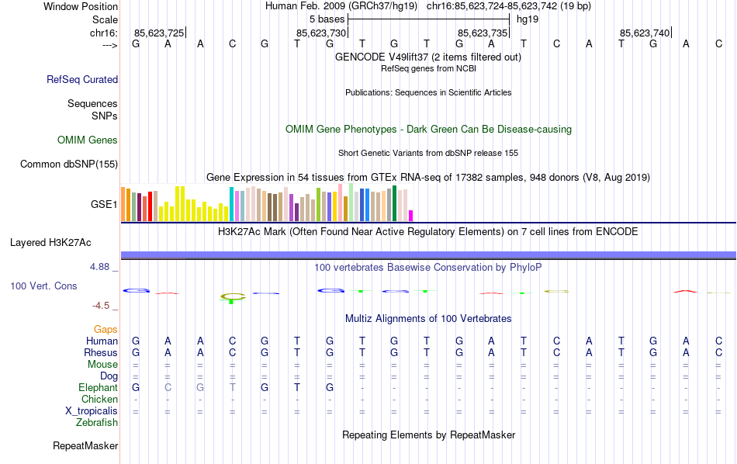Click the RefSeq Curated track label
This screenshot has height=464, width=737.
pyautogui.click(x=82, y=79)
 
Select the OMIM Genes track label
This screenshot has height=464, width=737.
pyautogui.click(x=88, y=140)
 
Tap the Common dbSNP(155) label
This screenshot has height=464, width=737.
pyautogui.click(x=69, y=164)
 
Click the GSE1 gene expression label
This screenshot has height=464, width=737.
pyautogui.click(x=104, y=205)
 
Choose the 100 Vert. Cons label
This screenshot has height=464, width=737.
pyautogui.click(x=43, y=286)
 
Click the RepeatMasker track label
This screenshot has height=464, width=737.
pyautogui.click(x=85, y=446)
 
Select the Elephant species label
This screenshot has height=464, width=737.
pyautogui.click(x=98, y=387)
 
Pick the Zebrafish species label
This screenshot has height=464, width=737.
pyautogui.click(x=97, y=423)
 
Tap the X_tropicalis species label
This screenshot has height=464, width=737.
pyautogui.click(x=92, y=410)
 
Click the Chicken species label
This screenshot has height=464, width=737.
pyautogui.click(x=99, y=399)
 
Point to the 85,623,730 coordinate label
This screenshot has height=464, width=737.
pyautogui.click(x=321, y=33)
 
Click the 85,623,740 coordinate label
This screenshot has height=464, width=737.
pyautogui.click(x=645, y=33)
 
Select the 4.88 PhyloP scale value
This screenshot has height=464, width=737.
pyautogui.click(x=103, y=267)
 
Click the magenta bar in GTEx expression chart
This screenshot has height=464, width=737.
pyautogui.click(x=411, y=216)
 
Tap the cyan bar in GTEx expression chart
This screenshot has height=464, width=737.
pyautogui.click(x=231, y=204)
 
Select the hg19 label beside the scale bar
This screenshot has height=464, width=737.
pyautogui.click(x=528, y=19)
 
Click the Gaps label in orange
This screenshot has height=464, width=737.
pyautogui.click(x=106, y=330)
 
